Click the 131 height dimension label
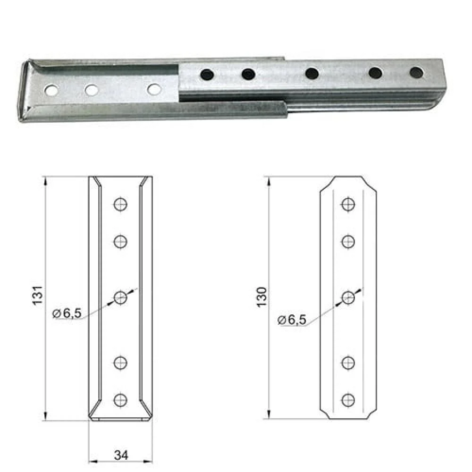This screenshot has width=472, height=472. click(x=38, y=295)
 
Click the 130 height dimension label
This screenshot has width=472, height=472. click(x=262, y=297)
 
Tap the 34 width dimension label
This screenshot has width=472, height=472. click(x=121, y=455)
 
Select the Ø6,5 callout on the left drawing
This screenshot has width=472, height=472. click(x=67, y=313)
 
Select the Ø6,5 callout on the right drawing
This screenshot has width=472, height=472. click(x=292, y=320)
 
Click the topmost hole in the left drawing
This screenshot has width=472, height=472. click(x=120, y=204)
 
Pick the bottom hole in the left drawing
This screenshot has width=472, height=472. click(x=120, y=400)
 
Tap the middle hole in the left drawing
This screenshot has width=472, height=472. click(x=120, y=298)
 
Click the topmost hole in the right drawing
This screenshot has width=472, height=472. click(x=348, y=204)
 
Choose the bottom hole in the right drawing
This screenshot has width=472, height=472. click(x=348, y=400)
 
